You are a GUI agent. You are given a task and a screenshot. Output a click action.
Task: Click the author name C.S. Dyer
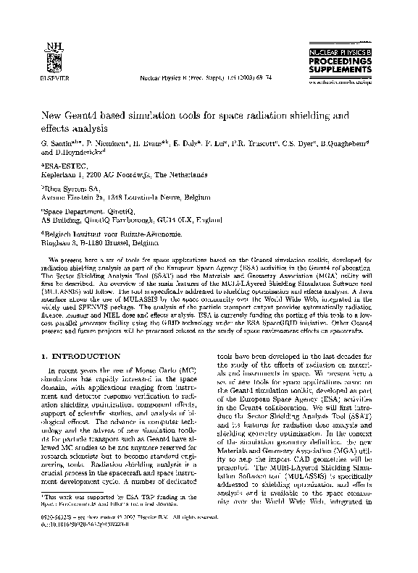290,145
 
